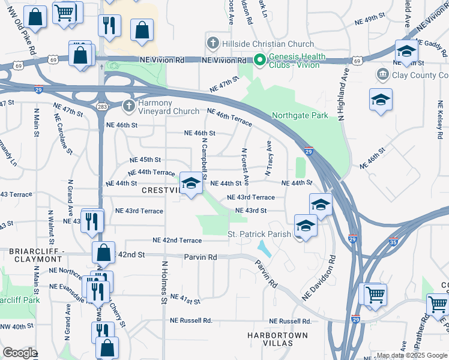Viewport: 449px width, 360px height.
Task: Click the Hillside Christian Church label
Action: (267, 44)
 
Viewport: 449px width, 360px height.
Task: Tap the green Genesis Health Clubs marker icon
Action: (259, 60)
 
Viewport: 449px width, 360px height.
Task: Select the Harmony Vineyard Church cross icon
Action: (128, 106)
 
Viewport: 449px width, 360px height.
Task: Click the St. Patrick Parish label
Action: (259, 233)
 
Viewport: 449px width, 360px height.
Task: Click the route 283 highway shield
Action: (100, 106)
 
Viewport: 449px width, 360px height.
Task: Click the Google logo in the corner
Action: (20, 353)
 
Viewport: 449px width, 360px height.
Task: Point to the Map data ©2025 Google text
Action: (412, 355)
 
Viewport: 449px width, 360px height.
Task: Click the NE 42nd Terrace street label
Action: (177, 240)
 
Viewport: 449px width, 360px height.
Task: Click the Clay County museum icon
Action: (382, 74)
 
